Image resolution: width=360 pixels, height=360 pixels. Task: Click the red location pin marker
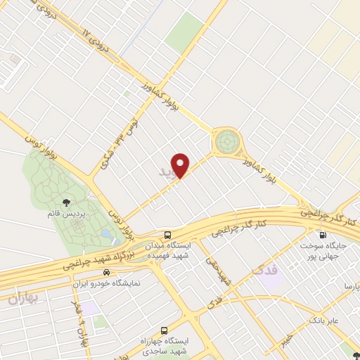pos(181,165)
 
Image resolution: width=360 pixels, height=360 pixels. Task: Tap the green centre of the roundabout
pos(227,141)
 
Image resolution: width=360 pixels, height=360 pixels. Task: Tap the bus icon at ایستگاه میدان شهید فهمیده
pos(167,235)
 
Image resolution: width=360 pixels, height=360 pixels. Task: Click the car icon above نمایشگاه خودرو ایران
pos(105,271)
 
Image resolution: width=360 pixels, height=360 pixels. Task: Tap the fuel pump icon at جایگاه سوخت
pos(323,235)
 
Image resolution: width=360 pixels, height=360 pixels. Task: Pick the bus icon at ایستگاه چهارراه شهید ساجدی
pos(165,329)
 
